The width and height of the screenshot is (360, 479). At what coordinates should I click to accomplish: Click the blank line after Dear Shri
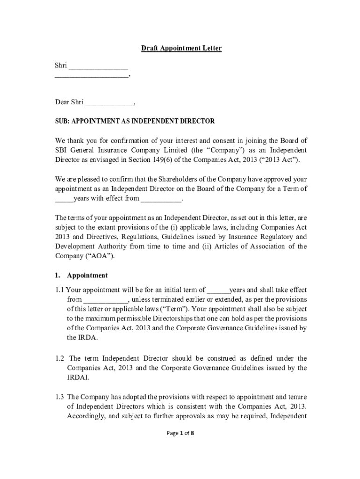pyautogui.click(x=109, y=102)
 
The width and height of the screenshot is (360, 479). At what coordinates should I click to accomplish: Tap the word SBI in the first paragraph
pyautogui.click(x=61, y=150)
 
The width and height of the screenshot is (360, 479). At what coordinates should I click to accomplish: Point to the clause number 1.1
pyautogui.click(x=60, y=290)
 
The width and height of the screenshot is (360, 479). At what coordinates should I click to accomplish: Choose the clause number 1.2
pyautogui.click(x=60, y=358)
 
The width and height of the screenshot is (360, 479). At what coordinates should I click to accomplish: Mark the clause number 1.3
pyautogui.click(x=60, y=397)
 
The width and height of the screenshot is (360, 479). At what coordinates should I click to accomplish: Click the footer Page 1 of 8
pyautogui.click(x=180, y=433)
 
